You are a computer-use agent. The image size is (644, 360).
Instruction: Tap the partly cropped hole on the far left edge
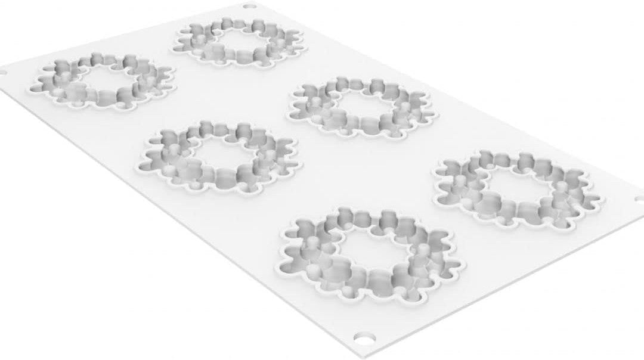click(2, 73)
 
